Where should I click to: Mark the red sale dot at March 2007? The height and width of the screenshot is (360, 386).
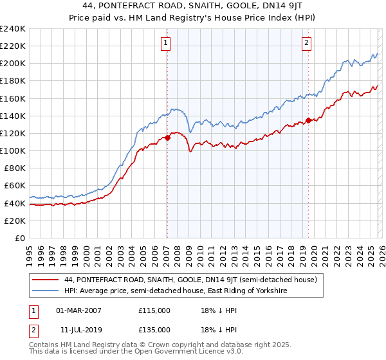coord(167,137)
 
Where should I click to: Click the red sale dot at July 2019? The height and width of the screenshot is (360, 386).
coord(308,120)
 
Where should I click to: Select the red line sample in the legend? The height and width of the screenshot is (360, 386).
coord(45,280)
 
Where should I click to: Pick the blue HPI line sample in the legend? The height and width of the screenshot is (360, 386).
coord(45,291)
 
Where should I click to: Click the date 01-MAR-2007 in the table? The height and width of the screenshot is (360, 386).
coord(79,310)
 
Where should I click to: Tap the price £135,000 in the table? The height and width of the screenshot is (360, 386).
coord(154,329)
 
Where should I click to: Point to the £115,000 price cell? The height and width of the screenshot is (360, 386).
coord(154,310)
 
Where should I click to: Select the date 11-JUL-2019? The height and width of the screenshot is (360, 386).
coord(78,329)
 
